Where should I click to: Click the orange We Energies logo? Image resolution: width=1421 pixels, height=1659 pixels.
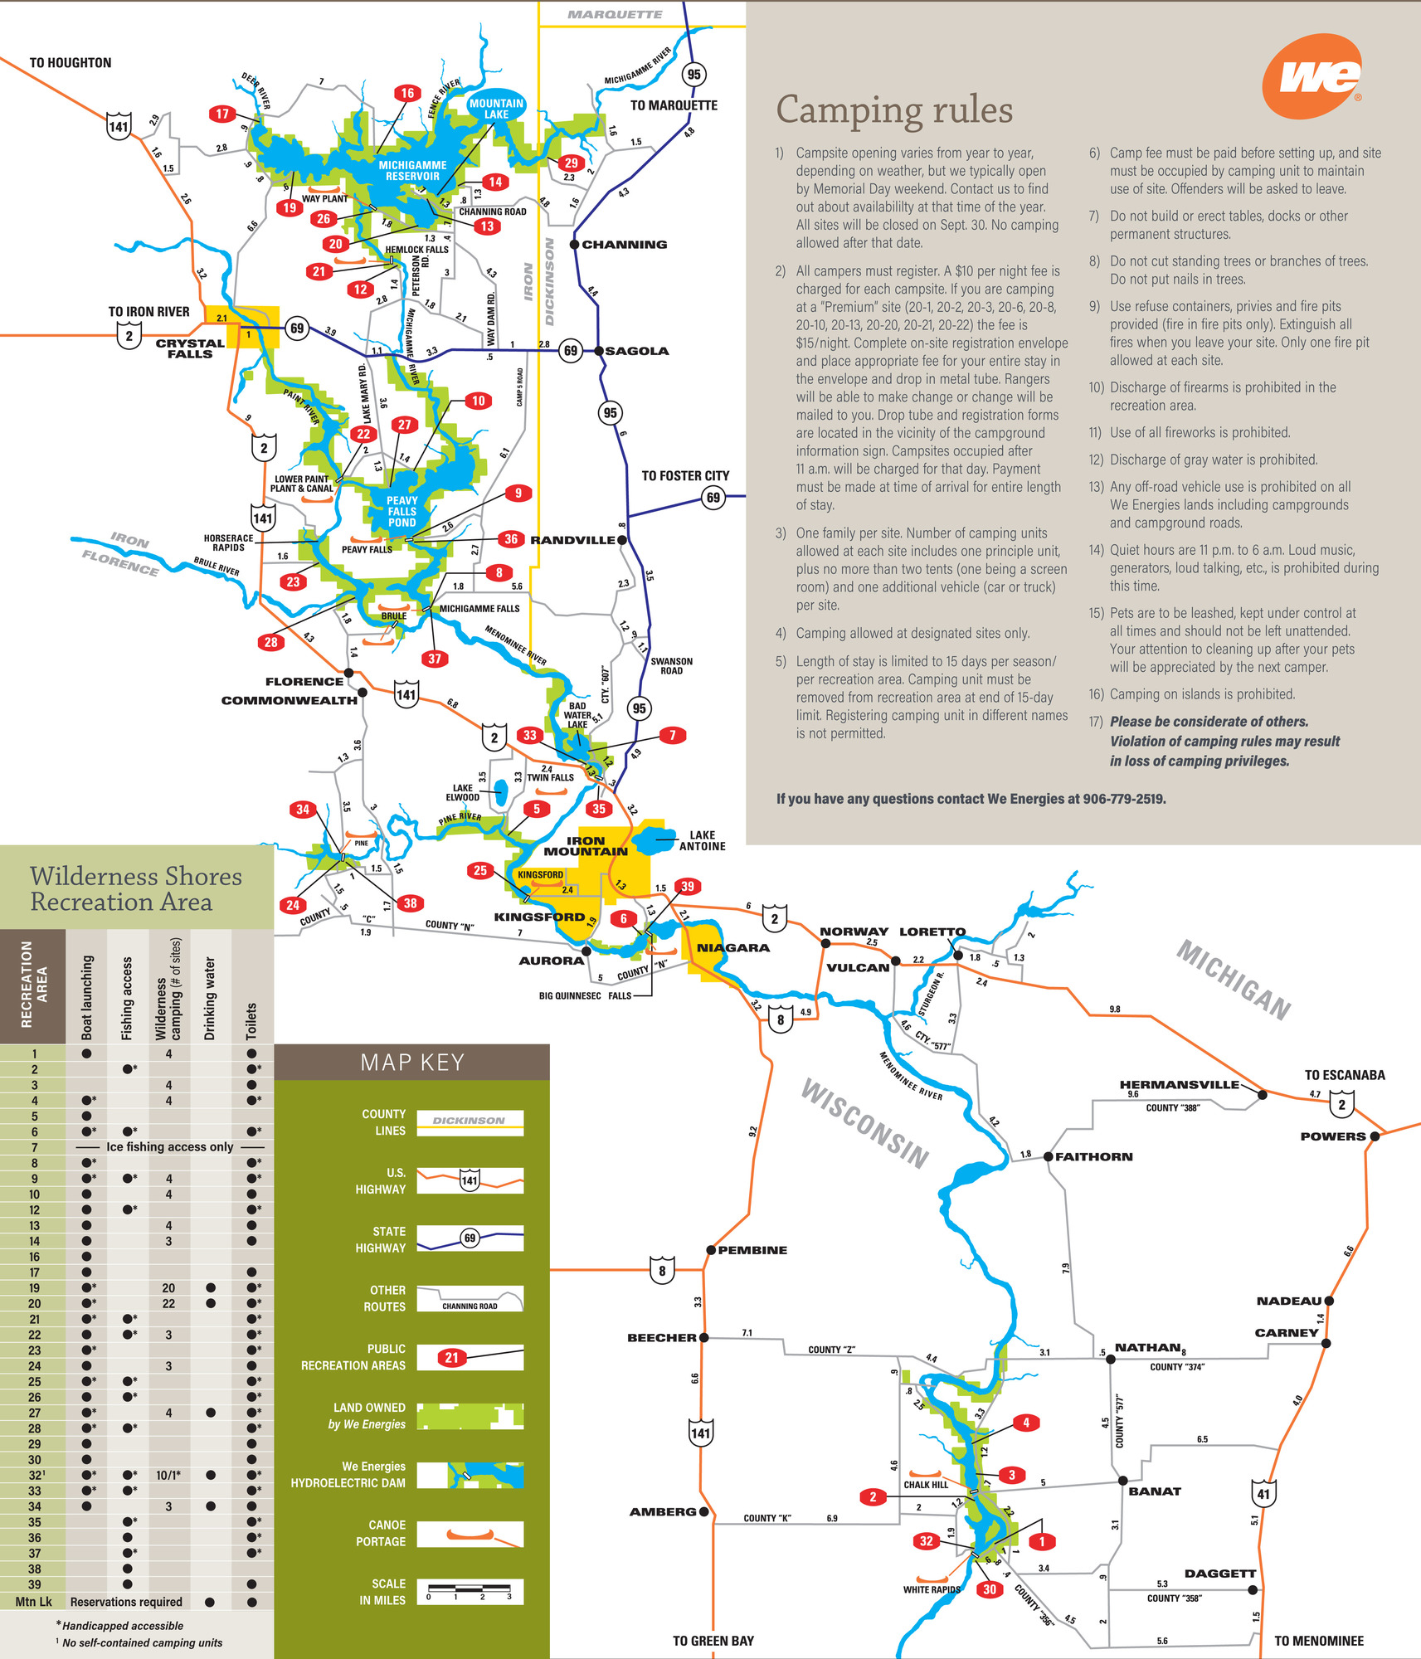[x=1312, y=77]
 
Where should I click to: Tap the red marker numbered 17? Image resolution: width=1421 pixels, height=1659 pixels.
[x=221, y=114]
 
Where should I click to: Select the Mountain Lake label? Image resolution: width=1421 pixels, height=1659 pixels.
[x=496, y=109]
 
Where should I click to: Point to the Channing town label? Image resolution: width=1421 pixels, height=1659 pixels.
[x=624, y=245]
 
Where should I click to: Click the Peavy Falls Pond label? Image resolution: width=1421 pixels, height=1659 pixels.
[x=401, y=511]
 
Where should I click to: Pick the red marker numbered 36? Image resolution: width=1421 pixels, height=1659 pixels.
[x=511, y=539]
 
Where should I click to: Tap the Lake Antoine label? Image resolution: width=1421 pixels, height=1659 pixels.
[x=702, y=840]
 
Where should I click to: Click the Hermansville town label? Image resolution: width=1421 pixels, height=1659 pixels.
[x=1179, y=1084]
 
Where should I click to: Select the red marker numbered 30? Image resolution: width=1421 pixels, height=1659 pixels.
[x=989, y=1589]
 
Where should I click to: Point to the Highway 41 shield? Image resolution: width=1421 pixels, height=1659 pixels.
[x=1263, y=1494]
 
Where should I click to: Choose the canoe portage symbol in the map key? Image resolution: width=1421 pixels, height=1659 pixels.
[x=470, y=1534]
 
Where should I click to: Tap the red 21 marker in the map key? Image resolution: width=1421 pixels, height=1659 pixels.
[x=451, y=1358]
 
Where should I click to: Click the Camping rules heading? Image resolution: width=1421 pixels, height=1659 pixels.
[x=894, y=110]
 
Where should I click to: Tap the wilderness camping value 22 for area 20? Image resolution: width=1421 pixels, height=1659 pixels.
[x=168, y=1303]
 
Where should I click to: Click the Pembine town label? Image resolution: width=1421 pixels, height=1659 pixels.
[x=752, y=1250]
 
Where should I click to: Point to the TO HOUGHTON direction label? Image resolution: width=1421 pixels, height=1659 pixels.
[x=71, y=63]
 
